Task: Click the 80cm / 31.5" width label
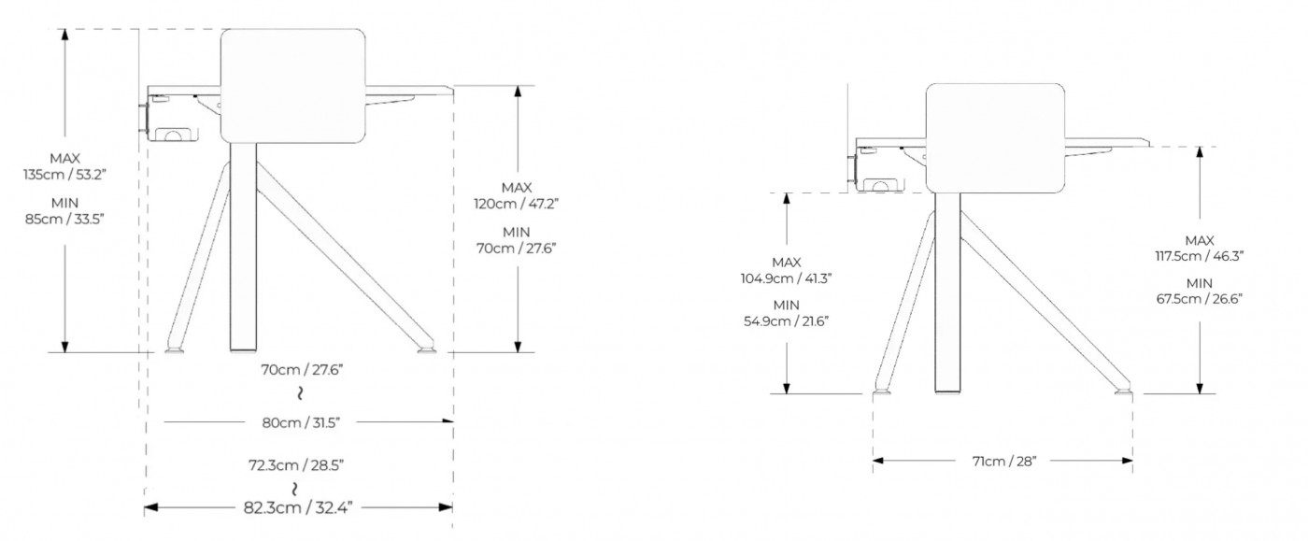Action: (x=302, y=422)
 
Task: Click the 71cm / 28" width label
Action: (x=1003, y=460)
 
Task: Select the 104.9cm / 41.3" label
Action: (x=787, y=278)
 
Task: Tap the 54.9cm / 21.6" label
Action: (x=787, y=320)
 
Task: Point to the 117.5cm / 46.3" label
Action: (x=1200, y=254)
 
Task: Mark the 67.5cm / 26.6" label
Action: (x=1200, y=299)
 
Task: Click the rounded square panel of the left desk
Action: (x=293, y=87)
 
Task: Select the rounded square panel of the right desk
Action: (x=996, y=138)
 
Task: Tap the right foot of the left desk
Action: (x=427, y=350)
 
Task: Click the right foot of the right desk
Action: (x=1124, y=390)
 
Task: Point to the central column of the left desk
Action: (x=243, y=248)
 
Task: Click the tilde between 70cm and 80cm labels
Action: (x=301, y=392)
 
